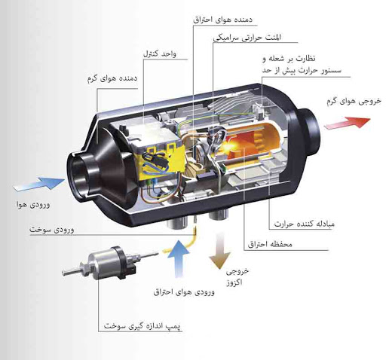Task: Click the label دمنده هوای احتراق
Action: point(223,20)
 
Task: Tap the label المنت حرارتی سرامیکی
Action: point(247,38)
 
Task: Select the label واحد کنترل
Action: point(160,53)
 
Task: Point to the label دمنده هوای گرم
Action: point(112,78)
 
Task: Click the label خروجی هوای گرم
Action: point(354,101)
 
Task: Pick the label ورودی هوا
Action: point(33,204)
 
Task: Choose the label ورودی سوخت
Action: point(52,230)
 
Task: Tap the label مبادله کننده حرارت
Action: point(305,224)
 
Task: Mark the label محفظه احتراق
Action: point(270,244)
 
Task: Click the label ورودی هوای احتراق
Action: point(184,292)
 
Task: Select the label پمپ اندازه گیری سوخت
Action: point(142,325)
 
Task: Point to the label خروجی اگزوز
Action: point(237,276)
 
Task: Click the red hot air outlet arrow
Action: point(348,123)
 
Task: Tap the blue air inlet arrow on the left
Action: point(39,184)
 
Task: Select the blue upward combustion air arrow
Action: point(179,258)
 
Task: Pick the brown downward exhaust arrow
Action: point(219,251)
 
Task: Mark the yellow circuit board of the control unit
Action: point(161,161)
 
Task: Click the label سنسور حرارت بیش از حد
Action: point(302,70)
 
